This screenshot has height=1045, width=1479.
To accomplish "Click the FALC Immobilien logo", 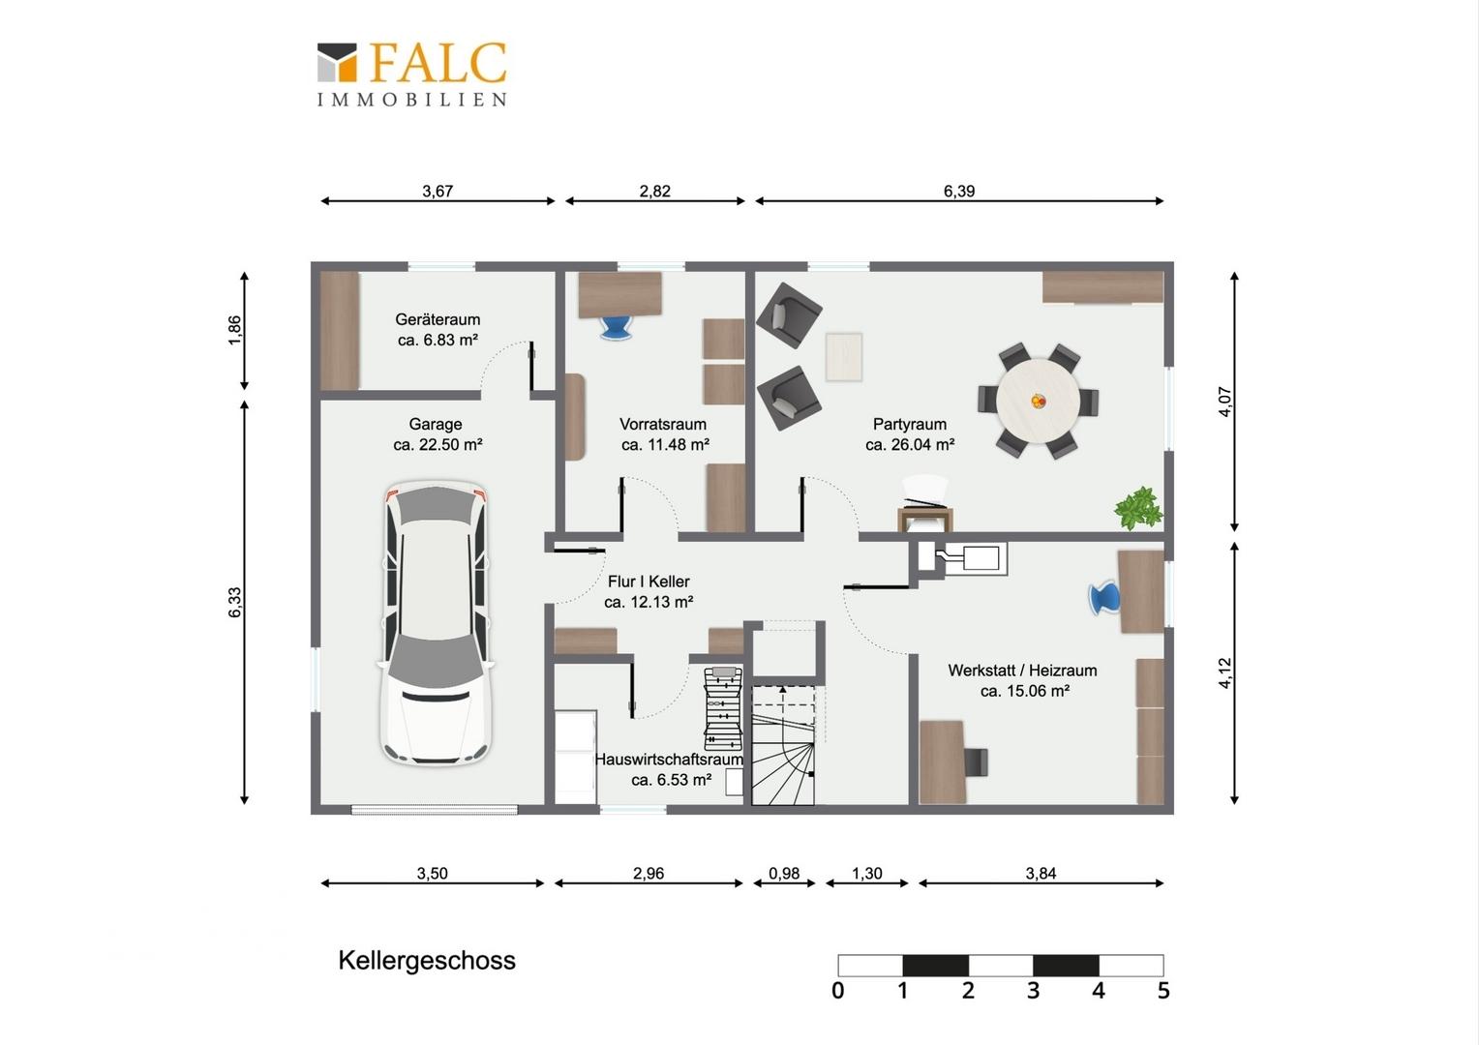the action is click(x=412, y=74).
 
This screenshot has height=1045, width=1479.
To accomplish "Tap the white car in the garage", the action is click(x=436, y=623).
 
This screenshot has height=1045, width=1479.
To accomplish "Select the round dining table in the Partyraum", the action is click(x=1038, y=402).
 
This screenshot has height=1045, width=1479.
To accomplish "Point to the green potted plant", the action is click(x=1138, y=508).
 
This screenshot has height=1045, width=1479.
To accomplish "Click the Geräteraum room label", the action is click(x=438, y=319).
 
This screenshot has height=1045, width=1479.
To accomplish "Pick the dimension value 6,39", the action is click(x=958, y=191).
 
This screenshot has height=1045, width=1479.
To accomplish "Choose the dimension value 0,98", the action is click(x=784, y=874).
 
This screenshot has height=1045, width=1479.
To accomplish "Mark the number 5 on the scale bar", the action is click(x=1163, y=990).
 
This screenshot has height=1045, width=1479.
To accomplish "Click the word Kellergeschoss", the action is click(x=427, y=961).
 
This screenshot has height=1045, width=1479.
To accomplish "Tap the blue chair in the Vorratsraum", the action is click(x=616, y=327).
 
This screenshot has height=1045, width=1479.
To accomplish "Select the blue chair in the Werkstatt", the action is click(x=1104, y=598).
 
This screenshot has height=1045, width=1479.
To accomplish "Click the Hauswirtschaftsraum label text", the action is click(x=669, y=760).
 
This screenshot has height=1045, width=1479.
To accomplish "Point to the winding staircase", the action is click(x=783, y=746).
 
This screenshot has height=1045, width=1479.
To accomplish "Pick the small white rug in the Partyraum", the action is click(x=844, y=357).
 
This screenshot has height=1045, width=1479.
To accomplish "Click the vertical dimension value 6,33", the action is click(x=235, y=602).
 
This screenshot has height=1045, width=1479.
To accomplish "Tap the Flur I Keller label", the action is click(x=649, y=582).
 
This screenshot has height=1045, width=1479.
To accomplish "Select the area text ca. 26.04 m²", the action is click(x=910, y=445).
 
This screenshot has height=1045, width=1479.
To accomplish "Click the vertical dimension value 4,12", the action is click(x=1224, y=673).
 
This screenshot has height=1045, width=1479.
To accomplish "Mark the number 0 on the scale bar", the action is click(x=837, y=990).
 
